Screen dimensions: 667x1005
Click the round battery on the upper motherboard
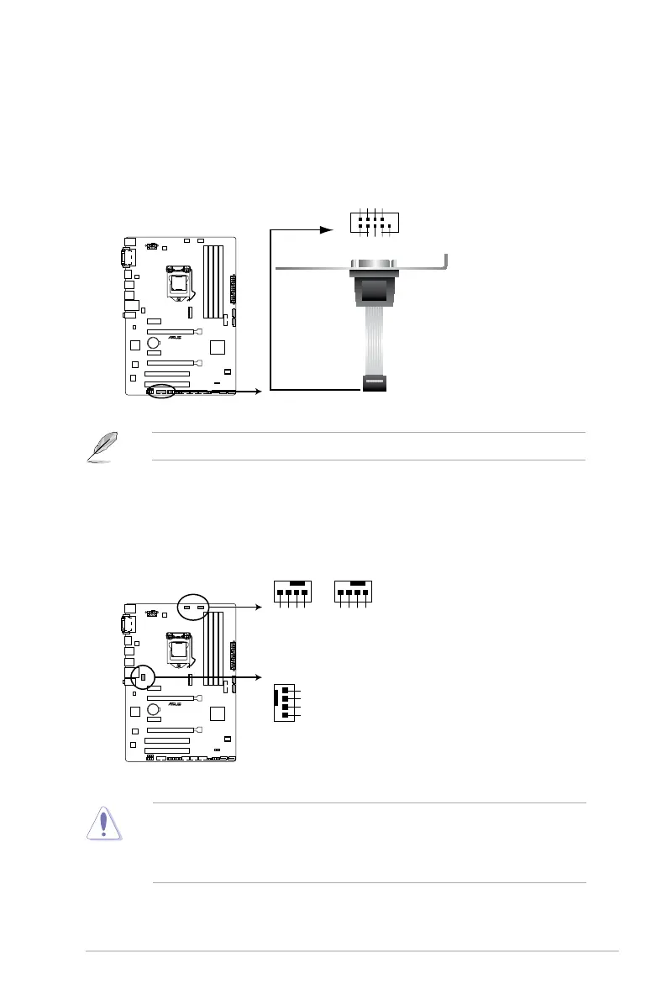pyautogui.click(x=155, y=343)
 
